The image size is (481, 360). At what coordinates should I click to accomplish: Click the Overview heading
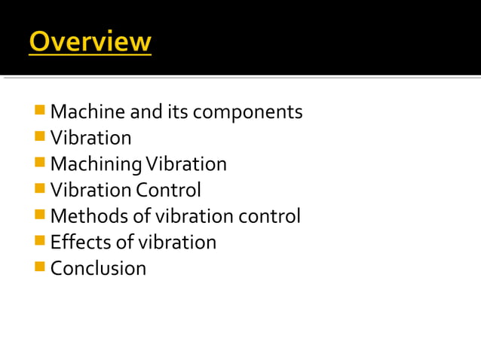coord(90,41)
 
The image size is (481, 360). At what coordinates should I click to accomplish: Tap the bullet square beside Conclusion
coord(40,267)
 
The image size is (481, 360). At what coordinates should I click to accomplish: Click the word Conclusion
coord(98,268)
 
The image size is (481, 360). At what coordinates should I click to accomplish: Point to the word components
coord(247,113)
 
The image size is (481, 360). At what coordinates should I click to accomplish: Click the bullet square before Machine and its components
coord(40,111)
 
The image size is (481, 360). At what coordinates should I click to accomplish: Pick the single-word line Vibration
coord(90,138)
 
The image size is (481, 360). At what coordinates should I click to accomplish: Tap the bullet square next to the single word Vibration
coord(40,137)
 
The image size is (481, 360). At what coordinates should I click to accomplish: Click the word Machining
coord(97,164)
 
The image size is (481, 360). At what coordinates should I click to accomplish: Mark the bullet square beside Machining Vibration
coord(40,163)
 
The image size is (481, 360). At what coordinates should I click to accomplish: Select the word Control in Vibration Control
coord(169,190)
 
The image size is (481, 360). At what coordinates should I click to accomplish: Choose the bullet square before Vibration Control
coord(40,188)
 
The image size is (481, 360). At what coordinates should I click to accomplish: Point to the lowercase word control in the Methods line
coord(269,216)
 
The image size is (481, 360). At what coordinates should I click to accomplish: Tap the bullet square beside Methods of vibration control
coord(40,215)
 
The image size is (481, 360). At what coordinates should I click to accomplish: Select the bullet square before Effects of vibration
coord(40,241)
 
